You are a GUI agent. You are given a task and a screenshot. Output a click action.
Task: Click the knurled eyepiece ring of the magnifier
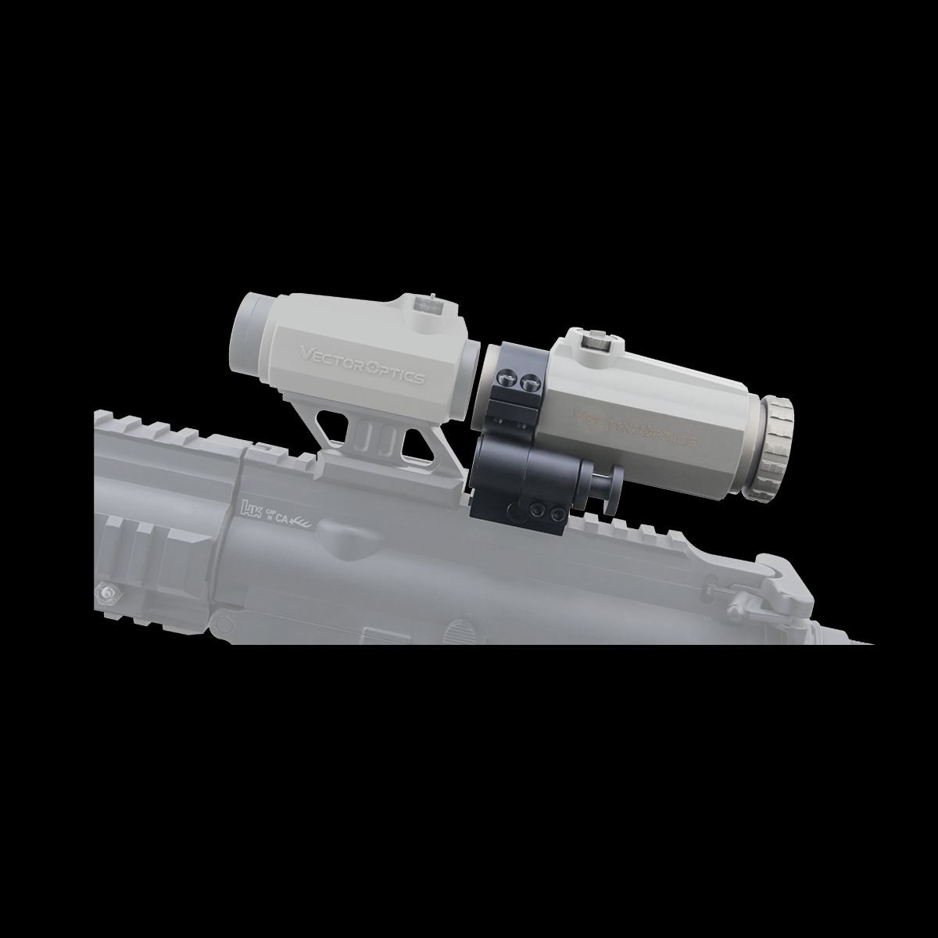click(x=775, y=449)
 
